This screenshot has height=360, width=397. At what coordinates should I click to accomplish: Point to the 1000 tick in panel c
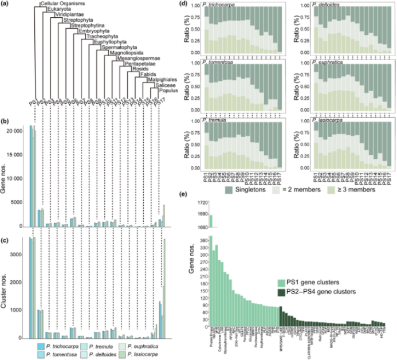click(x=21, y=310)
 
